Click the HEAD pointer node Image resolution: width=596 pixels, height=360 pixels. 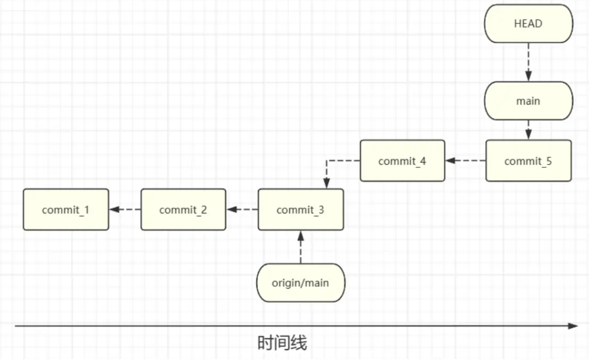click(x=528, y=24)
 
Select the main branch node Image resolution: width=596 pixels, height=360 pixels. click(x=528, y=101)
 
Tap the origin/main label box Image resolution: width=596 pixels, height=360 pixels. click(x=301, y=283)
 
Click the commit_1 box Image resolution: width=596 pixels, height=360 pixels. click(x=66, y=210)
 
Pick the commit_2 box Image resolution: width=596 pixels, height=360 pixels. click(x=183, y=210)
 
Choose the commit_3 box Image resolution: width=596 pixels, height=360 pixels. click(x=301, y=210)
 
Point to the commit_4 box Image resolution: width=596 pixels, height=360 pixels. click(x=402, y=161)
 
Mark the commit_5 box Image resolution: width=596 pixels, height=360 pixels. click(x=528, y=161)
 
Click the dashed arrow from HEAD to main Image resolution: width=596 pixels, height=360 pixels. click(x=528, y=62)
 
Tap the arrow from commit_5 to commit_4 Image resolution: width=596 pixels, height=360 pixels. click(x=465, y=161)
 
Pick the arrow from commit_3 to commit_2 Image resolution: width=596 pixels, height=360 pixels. click(x=242, y=210)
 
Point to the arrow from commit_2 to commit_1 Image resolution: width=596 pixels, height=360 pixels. click(x=124, y=210)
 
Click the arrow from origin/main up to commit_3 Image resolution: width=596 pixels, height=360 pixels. click(x=301, y=247)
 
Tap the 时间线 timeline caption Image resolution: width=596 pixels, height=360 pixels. click(x=283, y=343)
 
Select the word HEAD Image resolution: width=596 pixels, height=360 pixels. click(x=528, y=24)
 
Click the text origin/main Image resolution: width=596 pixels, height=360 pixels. click(x=301, y=283)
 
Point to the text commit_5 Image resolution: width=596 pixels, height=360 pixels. click(x=528, y=161)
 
